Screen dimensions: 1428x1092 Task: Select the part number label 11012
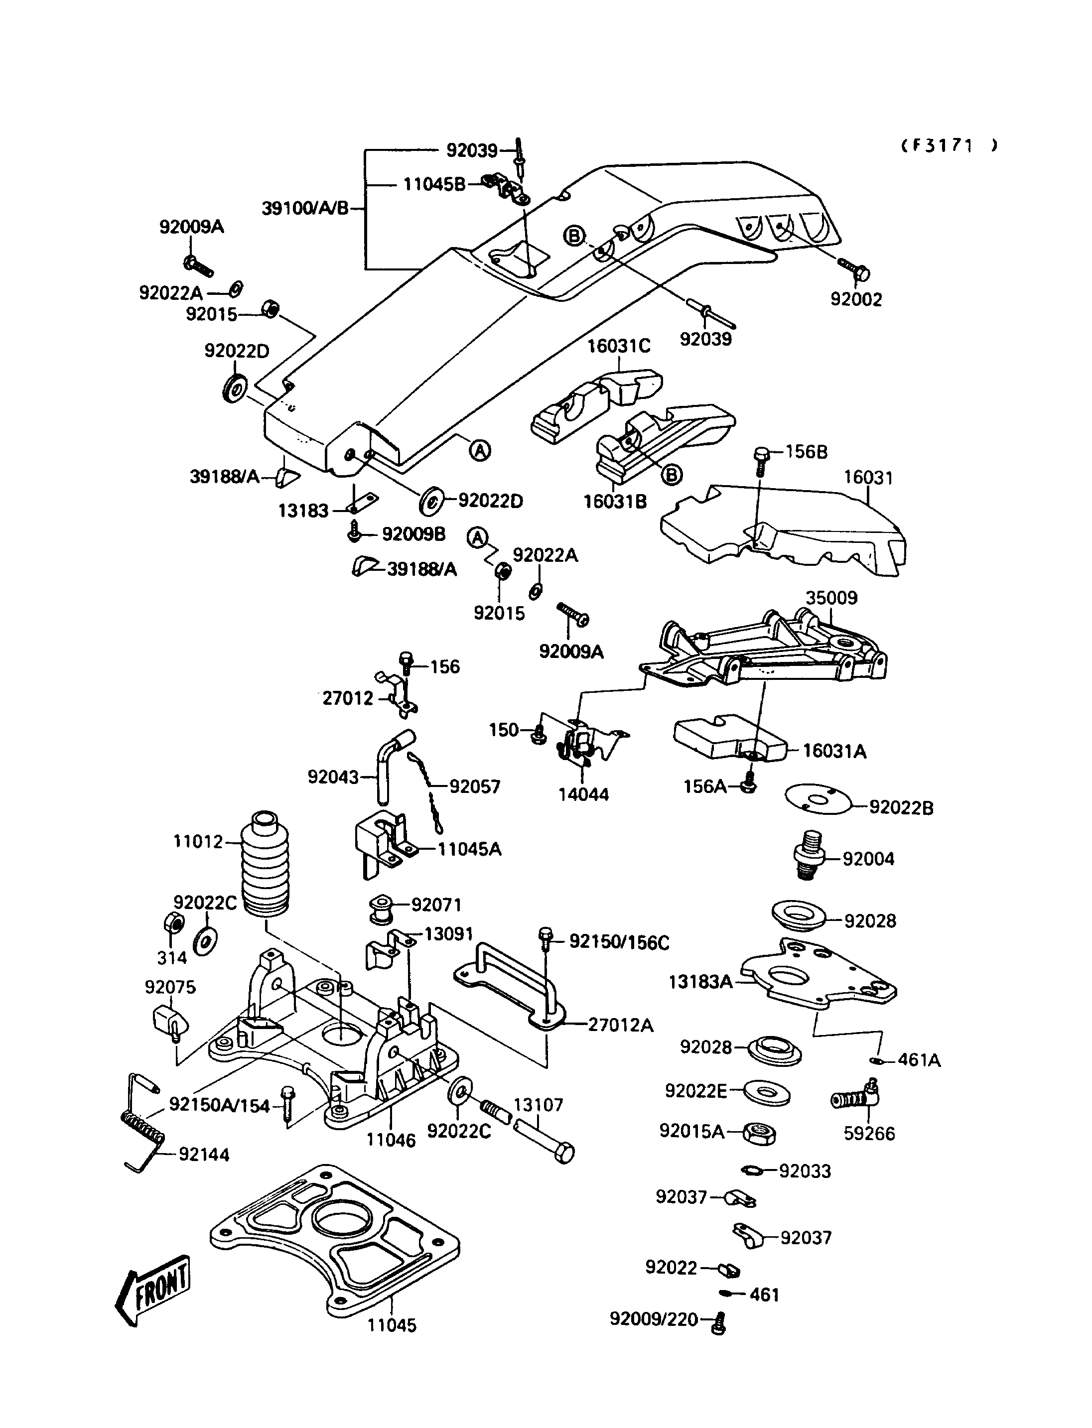click(x=198, y=842)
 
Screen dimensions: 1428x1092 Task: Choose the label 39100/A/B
click(x=305, y=209)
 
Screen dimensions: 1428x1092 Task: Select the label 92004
click(x=868, y=859)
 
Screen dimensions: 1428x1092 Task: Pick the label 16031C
click(x=619, y=346)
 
